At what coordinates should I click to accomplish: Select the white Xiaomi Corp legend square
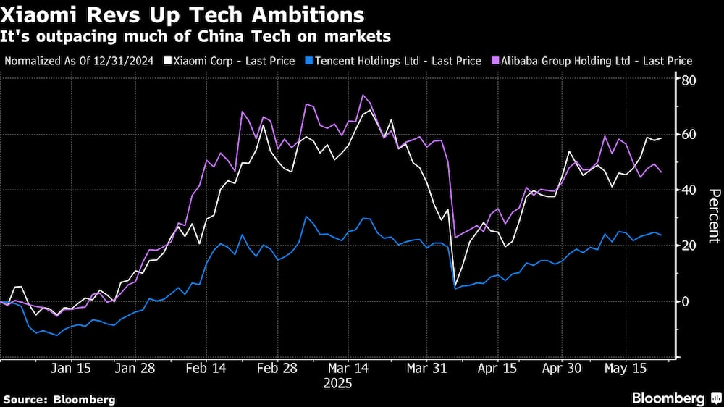169,62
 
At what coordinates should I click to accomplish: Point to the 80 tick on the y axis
689,80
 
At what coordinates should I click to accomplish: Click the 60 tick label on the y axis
689,135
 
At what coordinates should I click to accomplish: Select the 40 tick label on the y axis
689,190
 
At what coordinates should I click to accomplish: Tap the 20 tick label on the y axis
689,246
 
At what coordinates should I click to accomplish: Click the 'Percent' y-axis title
714,215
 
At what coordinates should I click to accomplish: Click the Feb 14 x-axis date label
206,369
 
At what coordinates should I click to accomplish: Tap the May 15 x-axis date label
624,369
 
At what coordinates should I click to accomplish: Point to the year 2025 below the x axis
337,384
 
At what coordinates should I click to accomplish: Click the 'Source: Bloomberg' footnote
59,399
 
